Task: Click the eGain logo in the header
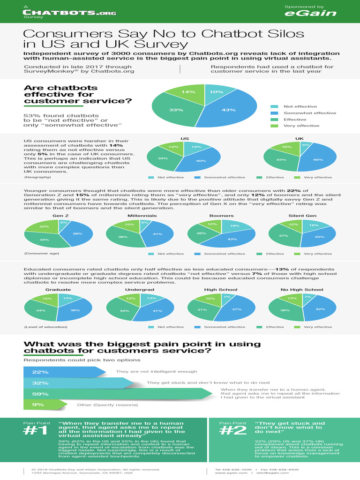310,13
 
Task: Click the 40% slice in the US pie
201,161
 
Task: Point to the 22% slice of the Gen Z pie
44,226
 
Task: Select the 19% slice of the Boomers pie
234,226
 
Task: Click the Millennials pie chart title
142,216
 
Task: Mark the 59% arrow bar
117,394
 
